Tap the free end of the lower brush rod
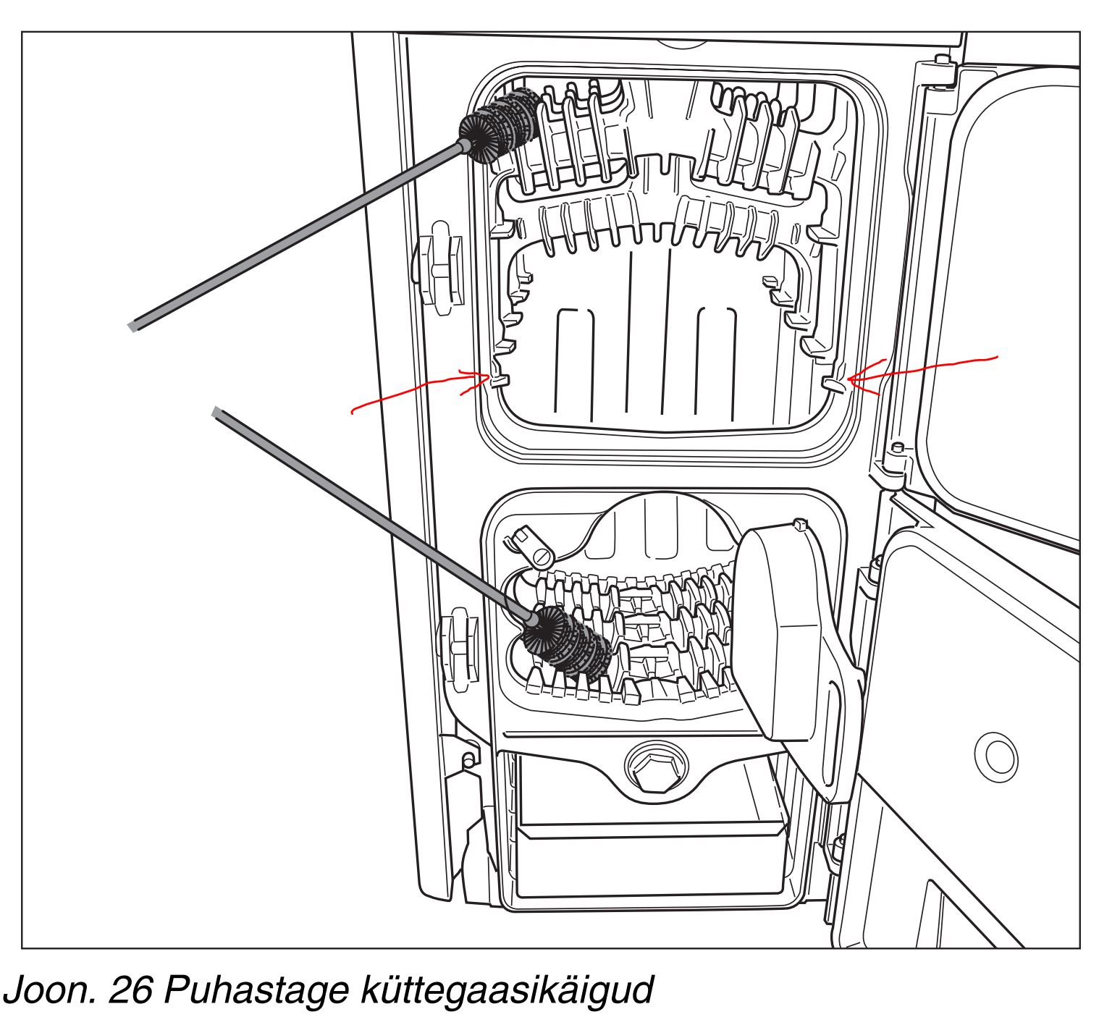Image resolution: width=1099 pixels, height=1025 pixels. point(216,413)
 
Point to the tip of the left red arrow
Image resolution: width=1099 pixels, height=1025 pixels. point(489,376)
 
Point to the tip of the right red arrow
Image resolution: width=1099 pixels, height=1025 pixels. point(848,380)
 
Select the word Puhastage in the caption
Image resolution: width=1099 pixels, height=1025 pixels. point(256,990)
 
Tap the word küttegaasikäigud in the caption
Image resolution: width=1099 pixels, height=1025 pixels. point(508,990)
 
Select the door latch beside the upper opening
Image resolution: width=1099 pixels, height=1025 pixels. point(440,268)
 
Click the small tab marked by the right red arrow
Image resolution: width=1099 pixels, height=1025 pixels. point(834,384)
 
